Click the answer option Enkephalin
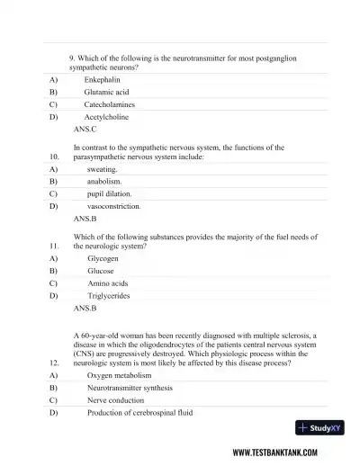click(x=103, y=79)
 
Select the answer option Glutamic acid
click(x=106, y=92)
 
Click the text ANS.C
click(x=85, y=130)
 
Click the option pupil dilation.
click(x=109, y=193)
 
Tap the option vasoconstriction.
click(x=113, y=206)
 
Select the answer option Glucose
click(x=101, y=270)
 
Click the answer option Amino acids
click(x=107, y=282)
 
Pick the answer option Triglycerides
click(x=108, y=295)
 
